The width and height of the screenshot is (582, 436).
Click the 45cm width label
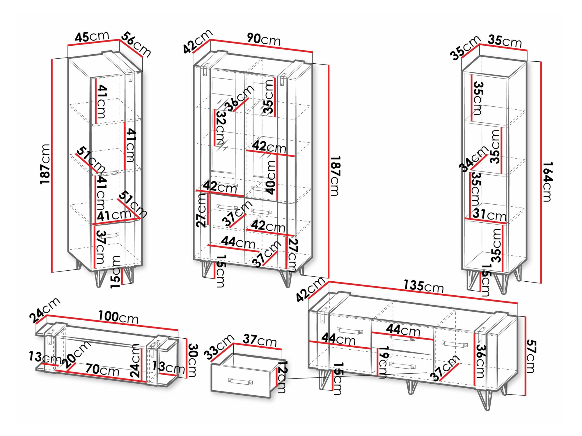click(x=92, y=37)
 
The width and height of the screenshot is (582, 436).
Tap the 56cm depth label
click(x=136, y=44)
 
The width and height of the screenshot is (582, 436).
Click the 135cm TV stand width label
click(x=423, y=286)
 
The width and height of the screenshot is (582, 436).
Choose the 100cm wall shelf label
click(x=118, y=317)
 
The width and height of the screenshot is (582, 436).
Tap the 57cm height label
click(x=531, y=356)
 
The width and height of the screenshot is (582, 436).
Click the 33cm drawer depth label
click(x=219, y=346)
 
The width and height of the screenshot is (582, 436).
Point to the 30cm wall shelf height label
click(x=193, y=360)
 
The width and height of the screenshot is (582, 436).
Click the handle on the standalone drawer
click(x=240, y=381)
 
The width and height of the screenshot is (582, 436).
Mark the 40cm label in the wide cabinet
click(x=271, y=177)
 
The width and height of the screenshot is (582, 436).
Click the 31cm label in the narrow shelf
click(x=489, y=215)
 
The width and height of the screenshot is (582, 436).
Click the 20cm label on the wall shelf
click(x=76, y=354)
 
